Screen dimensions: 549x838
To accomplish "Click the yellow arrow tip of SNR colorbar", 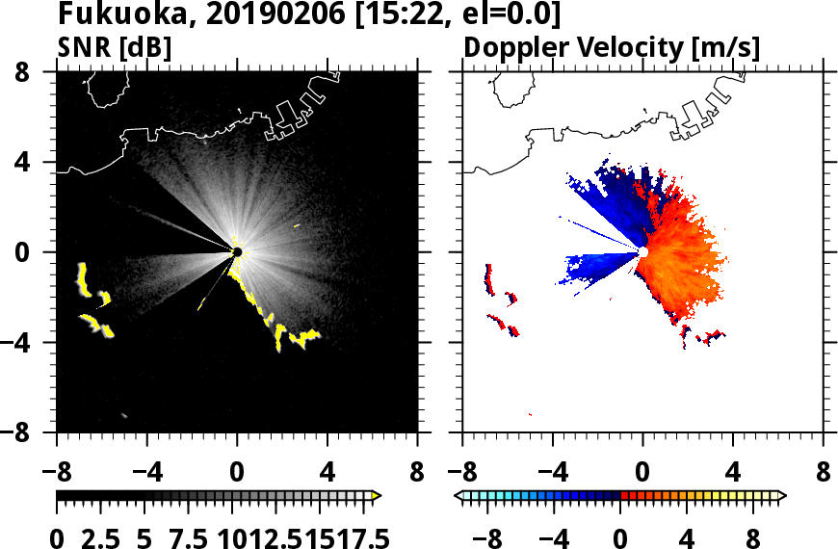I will pyautogui.click(x=377, y=495).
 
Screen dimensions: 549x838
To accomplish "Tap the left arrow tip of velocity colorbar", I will pyautogui.click(x=458, y=495).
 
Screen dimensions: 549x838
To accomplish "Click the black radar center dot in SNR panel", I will pyautogui.click(x=237, y=251).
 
